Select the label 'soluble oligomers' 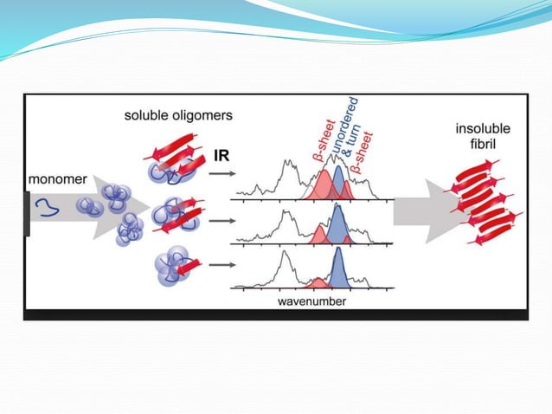[178, 115]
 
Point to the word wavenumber [311, 301]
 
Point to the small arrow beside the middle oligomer [221, 219]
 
